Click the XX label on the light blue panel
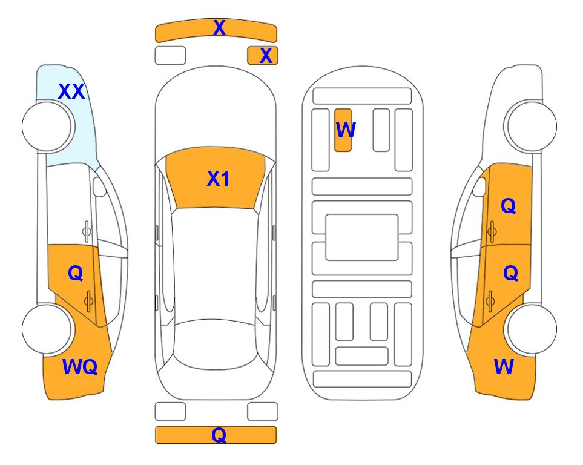tap(71, 91)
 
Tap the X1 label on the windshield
tap(219, 179)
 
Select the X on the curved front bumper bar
tap(219, 28)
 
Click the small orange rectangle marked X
tap(263, 56)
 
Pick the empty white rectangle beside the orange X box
tap(170, 56)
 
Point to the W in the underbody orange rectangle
tap(346, 130)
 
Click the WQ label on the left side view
tap(80, 367)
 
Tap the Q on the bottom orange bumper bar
tap(219, 435)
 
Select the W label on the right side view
tap(504, 367)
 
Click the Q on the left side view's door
tap(76, 274)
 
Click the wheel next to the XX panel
tap(47, 127)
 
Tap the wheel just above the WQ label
tap(47, 329)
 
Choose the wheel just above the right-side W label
tap(532, 329)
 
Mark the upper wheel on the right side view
tap(532, 127)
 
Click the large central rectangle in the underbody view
tap(362, 237)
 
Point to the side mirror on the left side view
tap(99, 186)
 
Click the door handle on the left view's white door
tap(87, 231)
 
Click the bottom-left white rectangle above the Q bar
tap(170, 412)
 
